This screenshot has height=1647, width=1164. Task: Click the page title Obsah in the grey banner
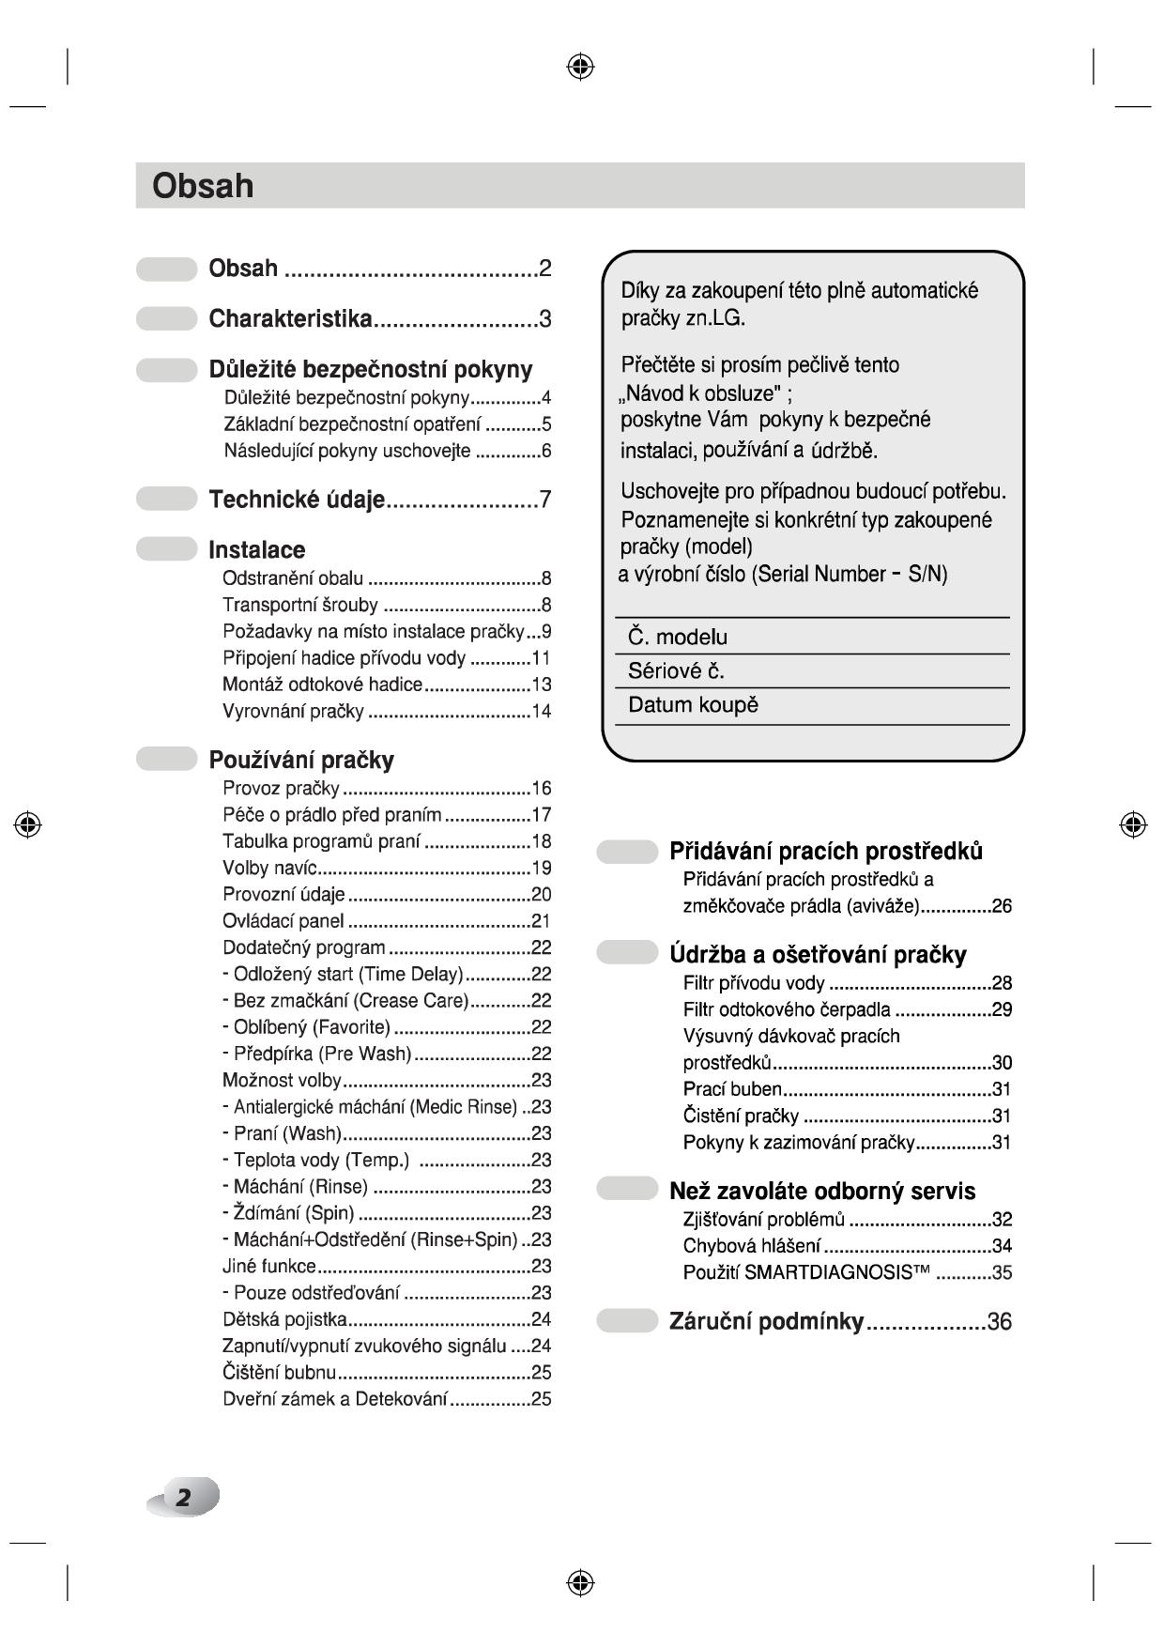203,186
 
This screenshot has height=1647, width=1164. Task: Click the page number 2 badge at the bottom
184,1497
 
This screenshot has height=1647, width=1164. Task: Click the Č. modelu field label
678,638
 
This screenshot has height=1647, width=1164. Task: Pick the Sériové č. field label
676,671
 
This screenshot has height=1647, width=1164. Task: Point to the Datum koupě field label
693,705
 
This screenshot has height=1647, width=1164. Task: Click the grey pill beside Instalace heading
166,549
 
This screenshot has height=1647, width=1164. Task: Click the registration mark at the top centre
580,66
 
